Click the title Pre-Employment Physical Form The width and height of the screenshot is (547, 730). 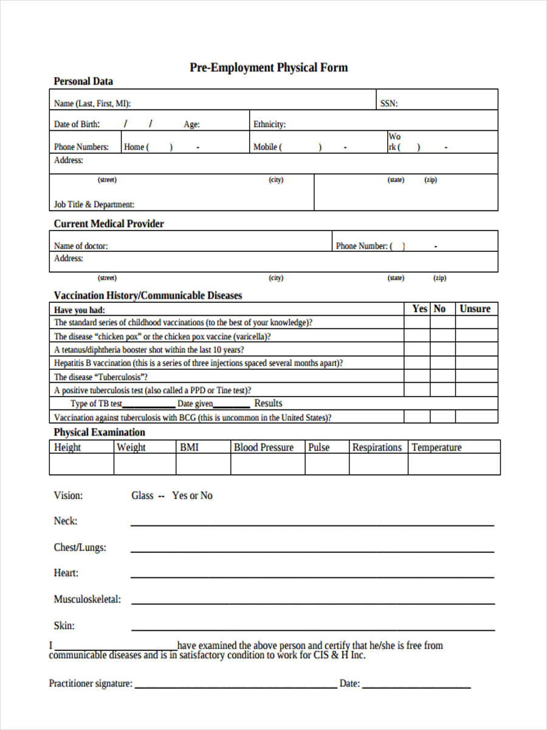click(x=269, y=68)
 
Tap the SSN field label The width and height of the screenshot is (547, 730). click(x=389, y=103)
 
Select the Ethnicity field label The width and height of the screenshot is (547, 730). click(x=269, y=124)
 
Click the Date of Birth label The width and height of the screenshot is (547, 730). click(x=77, y=124)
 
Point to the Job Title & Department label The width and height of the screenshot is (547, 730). click(x=94, y=204)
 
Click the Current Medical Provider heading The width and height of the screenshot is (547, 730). click(x=109, y=224)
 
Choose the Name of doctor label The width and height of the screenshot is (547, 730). click(x=81, y=246)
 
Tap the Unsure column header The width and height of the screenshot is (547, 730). click(x=475, y=309)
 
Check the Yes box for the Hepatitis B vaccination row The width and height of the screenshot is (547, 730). click(x=417, y=363)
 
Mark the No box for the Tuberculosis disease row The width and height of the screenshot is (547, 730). click(x=442, y=377)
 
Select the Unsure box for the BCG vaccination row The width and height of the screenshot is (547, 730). click(x=476, y=417)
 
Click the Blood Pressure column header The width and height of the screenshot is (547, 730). click(x=264, y=448)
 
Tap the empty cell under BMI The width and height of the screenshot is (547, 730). click(x=203, y=465)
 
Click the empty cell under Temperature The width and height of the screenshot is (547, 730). click(x=454, y=465)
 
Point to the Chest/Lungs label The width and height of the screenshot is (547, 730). click(x=80, y=547)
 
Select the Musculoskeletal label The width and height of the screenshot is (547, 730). click(x=87, y=599)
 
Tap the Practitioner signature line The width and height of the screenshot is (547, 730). click(x=236, y=686)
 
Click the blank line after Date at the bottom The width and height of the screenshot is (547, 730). click(x=416, y=686)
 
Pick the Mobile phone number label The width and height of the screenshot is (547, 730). click(x=266, y=147)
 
